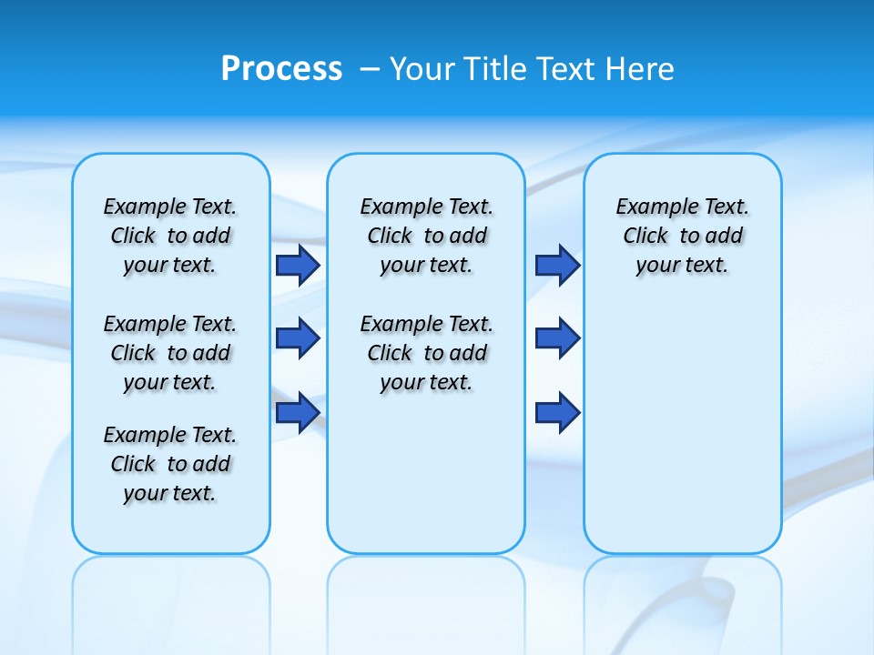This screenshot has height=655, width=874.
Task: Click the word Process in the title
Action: click(x=281, y=68)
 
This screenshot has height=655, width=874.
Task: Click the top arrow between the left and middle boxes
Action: click(x=298, y=265)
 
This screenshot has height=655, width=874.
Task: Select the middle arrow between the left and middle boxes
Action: click(x=298, y=338)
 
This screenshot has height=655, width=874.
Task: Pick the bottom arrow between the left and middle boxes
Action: click(x=298, y=412)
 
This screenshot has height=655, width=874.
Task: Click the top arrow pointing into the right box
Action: click(x=557, y=265)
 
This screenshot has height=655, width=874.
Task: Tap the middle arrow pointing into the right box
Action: click(x=557, y=338)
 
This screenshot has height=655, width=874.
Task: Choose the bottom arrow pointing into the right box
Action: click(x=557, y=412)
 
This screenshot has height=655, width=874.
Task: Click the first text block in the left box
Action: click(x=170, y=236)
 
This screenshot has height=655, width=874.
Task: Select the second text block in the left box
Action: click(x=170, y=353)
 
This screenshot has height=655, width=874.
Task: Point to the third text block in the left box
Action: click(x=170, y=464)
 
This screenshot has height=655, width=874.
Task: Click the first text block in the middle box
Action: click(x=426, y=236)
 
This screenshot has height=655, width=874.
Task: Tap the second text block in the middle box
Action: click(x=426, y=353)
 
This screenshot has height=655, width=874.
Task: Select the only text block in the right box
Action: click(x=682, y=236)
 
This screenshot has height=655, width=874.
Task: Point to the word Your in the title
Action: click(x=422, y=68)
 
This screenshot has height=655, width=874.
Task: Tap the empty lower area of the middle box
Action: click(x=426, y=473)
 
